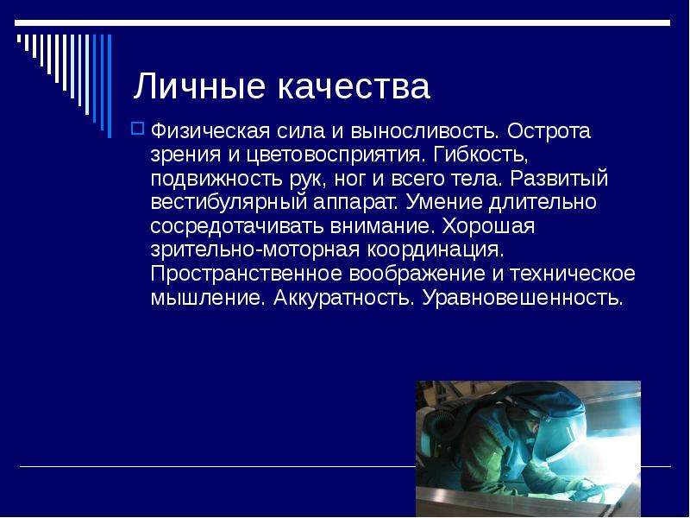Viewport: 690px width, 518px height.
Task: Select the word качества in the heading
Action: tap(354, 85)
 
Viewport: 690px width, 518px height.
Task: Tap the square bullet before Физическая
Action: tap(138, 129)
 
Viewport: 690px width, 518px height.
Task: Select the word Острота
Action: tap(549, 131)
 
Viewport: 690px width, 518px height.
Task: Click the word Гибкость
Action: tap(480, 155)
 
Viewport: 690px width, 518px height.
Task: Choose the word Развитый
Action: tap(559, 178)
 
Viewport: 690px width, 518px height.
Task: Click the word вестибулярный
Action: tap(229, 202)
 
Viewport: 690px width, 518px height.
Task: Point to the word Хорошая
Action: tap(488, 226)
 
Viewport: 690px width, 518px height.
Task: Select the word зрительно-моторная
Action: tap(255, 250)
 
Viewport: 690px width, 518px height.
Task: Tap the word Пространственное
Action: tap(247, 274)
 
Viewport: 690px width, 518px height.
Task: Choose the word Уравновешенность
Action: tap(523, 297)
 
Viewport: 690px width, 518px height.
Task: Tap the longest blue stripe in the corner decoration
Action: tap(110, 85)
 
